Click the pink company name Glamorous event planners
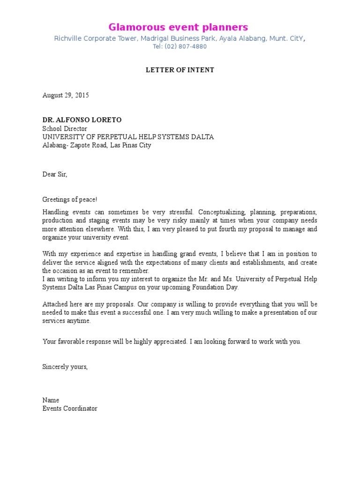click(178, 27)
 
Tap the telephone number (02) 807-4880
click(187, 47)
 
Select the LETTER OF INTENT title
click(180, 70)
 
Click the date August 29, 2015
click(66, 96)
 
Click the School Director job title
click(65, 129)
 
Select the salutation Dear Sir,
click(55, 174)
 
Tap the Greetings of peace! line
click(70, 200)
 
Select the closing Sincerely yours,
click(65, 367)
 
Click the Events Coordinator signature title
click(70, 409)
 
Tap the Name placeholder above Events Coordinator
click(51, 400)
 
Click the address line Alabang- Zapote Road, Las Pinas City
click(97, 145)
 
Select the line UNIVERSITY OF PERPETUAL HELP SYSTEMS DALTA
click(128, 137)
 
